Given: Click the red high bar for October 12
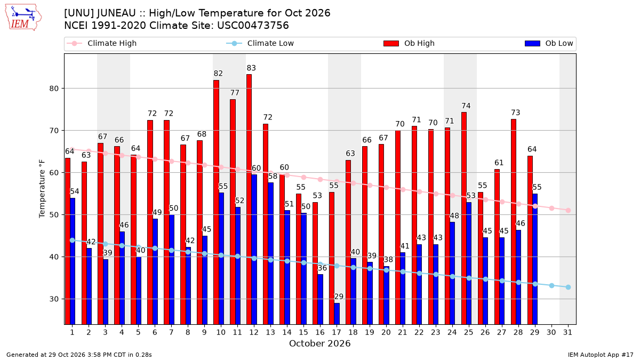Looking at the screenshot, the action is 249,199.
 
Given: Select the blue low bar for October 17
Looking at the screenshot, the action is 337,314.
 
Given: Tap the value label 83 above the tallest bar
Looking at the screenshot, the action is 251,68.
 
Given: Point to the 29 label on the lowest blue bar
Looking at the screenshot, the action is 339,297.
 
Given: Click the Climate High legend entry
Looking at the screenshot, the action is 101,43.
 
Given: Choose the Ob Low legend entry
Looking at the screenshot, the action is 549,43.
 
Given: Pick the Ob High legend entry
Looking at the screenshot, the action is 409,43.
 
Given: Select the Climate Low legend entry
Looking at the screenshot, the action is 260,43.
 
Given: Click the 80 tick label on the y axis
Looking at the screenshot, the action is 54,89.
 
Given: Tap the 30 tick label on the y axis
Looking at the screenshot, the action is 54,299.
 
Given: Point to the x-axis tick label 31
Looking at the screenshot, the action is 567,333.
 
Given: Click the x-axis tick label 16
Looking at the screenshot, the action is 320,333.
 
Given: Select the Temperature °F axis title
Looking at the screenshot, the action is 42,189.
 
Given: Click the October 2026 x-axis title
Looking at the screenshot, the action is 319,343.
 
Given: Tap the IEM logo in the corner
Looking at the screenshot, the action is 23,18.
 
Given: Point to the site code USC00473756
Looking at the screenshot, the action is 253,26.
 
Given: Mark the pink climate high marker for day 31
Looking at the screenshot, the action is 568,211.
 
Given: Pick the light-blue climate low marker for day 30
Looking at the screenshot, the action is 551,286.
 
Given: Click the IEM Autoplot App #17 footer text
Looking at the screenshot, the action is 601,355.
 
